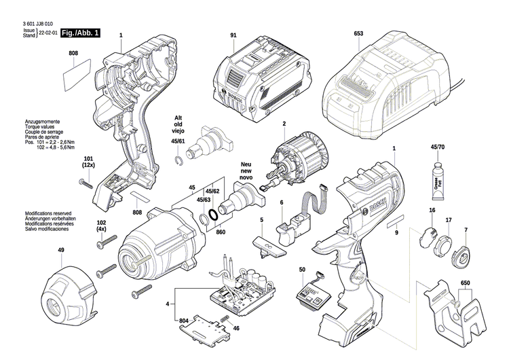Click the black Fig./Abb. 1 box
[x=79, y=33]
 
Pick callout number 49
[x=60, y=251]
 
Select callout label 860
[x=221, y=232]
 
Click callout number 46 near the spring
[x=236, y=328]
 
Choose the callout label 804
[x=184, y=320]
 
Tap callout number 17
[x=448, y=221]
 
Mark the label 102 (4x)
[x=101, y=226]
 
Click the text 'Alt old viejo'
[x=178, y=126]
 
